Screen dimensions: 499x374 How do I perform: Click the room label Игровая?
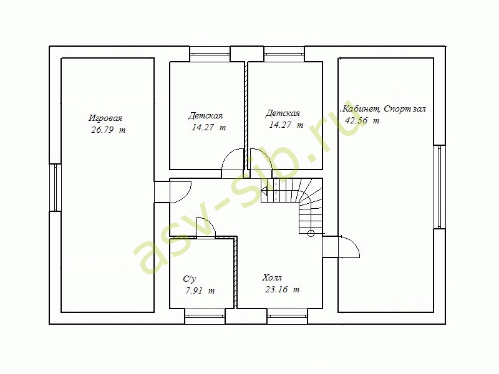[x=105, y=118]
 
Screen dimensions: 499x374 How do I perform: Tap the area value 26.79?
[x=102, y=130]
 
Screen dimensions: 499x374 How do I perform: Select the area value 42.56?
[x=356, y=120]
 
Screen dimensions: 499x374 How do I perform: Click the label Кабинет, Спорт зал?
[x=384, y=109]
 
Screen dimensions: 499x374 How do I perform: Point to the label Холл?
[x=272, y=277]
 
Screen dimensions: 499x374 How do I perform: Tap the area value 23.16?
[x=276, y=289]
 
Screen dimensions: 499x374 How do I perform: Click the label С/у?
[x=190, y=279]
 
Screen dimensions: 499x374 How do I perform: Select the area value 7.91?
[x=194, y=290]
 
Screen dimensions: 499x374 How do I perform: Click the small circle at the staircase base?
[x=311, y=234]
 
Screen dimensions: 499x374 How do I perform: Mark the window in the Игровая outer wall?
[x=56, y=188]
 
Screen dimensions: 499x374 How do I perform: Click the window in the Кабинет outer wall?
[x=440, y=187]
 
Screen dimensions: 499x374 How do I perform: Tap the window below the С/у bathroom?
[x=205, y=316]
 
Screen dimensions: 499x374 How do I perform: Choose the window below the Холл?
[x=288, y=316]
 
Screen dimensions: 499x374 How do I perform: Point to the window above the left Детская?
[x=210, y=54]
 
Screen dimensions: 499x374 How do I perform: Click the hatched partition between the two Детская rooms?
[x=246, y=115]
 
